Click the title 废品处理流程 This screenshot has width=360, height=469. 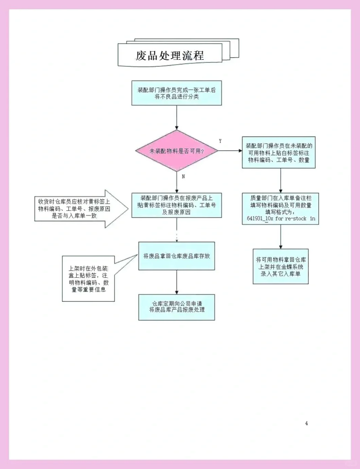click(x=170, y=55)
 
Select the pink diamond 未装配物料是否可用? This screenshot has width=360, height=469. click(x=177, y=151)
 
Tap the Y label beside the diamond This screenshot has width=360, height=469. click(x=220, y=141)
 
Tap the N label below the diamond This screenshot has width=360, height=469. click(x=183, y=176)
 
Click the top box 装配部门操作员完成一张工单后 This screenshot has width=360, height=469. click(x=177, y=93)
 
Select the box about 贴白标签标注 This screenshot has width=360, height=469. click(x=278, y=153)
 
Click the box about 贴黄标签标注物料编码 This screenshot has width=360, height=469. click(x=177, y=205)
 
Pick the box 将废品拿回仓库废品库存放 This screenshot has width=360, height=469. click(x=177, y=256)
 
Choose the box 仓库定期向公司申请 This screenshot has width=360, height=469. click(x=177, y=307)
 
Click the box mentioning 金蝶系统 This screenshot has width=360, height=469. click(x=280, y=267)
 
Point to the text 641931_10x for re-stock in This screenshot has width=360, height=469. click(x=281, y=218)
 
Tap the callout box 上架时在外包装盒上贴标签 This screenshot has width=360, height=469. click(x=88, y=279)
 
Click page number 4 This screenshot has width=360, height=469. click(x=306, y=423)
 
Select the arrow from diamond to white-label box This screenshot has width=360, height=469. click(x=230, y=151)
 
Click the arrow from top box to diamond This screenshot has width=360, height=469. click(x=177, y=117)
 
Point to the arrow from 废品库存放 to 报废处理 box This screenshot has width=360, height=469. click(x=177, y=282)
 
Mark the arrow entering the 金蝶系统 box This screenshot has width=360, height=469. click(x=280, y=237)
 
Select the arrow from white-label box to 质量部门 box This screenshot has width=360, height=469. click(x=280, y=181)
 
